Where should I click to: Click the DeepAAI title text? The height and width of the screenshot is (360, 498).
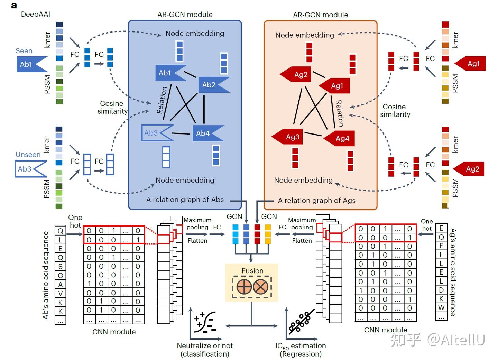coord(36,14)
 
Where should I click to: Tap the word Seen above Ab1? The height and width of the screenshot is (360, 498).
coord(24,51)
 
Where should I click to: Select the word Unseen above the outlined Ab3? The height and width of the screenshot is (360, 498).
coord(28,155)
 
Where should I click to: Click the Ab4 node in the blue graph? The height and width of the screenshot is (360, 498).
coord(208,133)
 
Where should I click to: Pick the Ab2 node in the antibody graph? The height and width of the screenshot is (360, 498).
coord(214,85)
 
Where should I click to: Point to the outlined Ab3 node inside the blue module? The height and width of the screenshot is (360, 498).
coord(157,133)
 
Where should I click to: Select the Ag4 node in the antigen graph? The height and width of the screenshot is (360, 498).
coord(339,138)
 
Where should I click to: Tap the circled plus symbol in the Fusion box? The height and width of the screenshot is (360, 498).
coord(244,287)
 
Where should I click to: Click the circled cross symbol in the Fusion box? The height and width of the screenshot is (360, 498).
coord(260,287)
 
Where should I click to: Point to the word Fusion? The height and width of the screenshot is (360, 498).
coord(252,271)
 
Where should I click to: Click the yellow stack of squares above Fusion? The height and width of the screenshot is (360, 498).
coord(268,234)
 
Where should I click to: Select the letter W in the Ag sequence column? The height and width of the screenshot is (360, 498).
coord(441,308)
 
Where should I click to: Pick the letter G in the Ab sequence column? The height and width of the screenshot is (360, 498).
coord(60,276)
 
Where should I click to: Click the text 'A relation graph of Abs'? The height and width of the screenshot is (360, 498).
coord(185,200)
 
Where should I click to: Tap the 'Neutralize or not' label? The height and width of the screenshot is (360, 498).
coord(205,345)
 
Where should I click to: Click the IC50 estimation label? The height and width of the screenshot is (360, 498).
coord(301,346)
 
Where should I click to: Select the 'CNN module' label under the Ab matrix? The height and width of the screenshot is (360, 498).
coord(114,332)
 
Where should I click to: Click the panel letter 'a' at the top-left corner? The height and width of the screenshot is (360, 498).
coord(14,5)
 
